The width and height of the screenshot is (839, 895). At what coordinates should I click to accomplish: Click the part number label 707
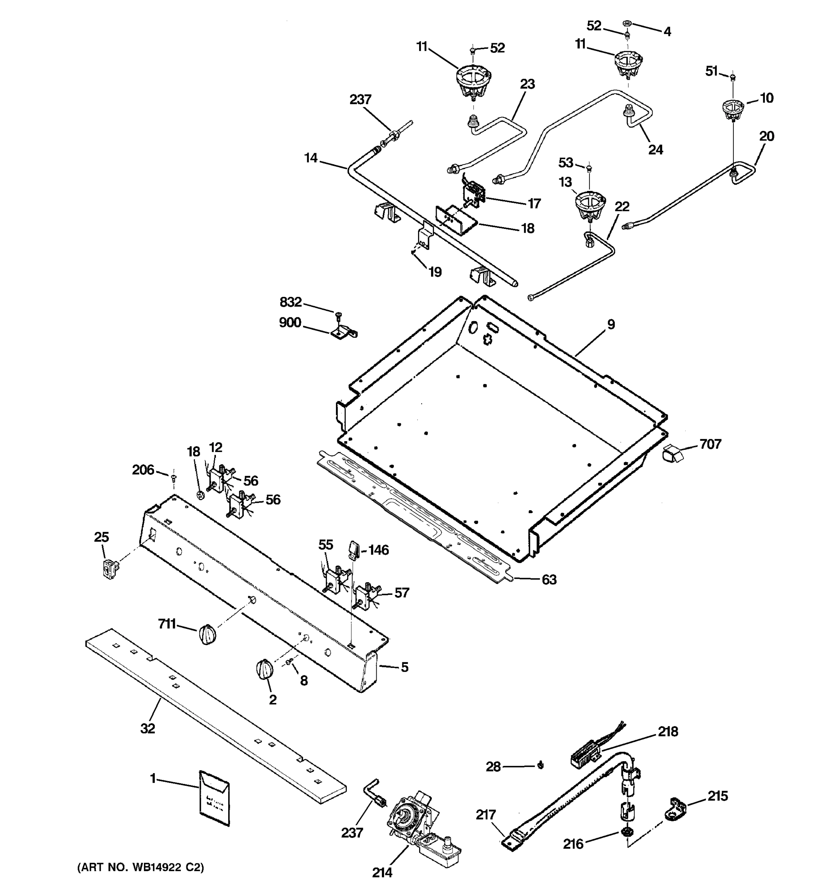click(x=711, y=445)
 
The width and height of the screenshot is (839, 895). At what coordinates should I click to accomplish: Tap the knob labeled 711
click(x=207, y=634)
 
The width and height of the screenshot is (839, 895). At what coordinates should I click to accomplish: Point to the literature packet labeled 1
click(x=214, y=798)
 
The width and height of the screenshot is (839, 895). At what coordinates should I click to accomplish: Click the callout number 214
click(x=382, y=873)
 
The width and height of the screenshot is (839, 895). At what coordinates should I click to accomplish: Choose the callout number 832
click(x=291, y=302)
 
